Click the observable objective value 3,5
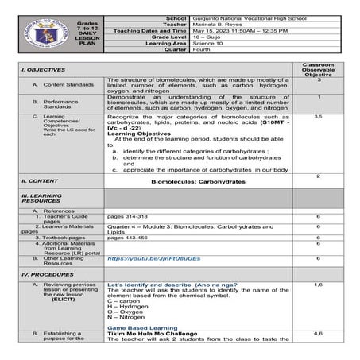click(317, 116)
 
